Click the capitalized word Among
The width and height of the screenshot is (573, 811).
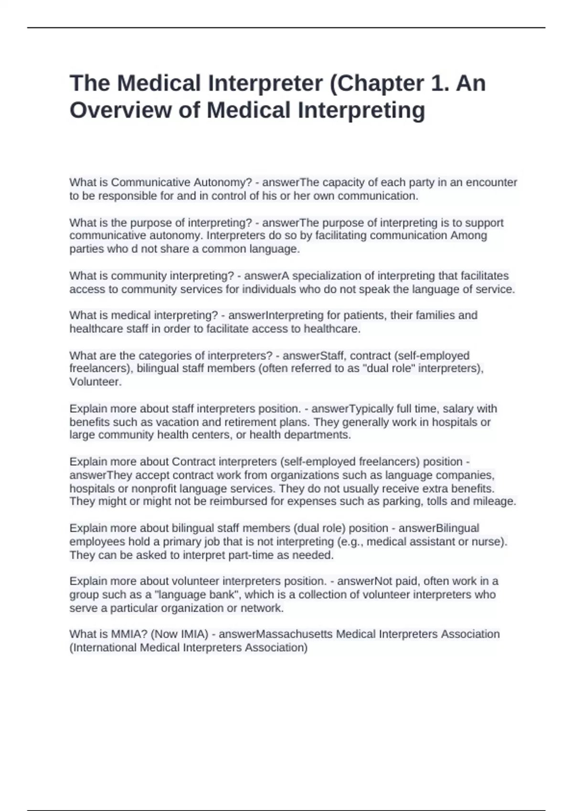coord(469,235)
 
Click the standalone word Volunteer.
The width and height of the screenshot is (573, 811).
coord(95,382)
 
